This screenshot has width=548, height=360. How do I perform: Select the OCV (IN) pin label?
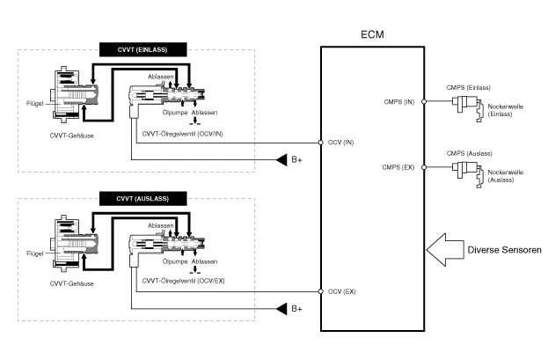342,142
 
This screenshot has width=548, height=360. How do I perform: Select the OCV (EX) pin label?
342,291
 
